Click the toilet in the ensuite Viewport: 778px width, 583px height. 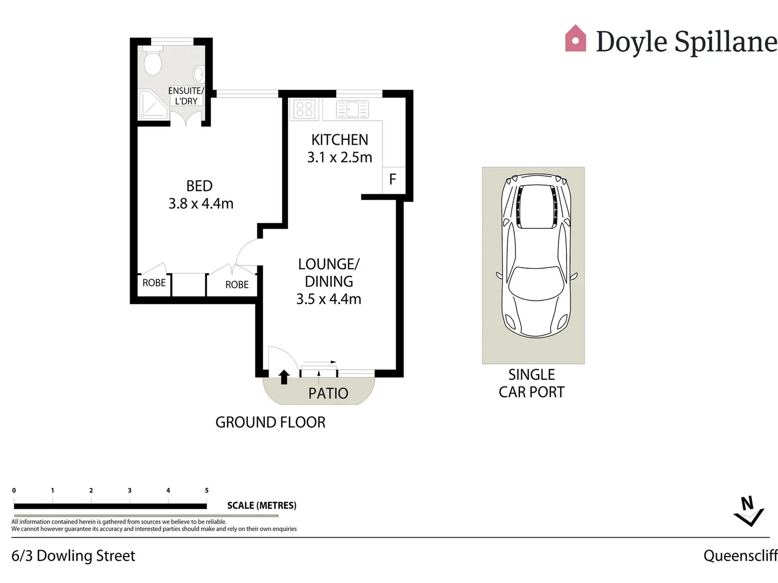(153, 62)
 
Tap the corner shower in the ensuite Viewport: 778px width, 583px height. (154, 105)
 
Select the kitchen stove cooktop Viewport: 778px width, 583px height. (305, 109)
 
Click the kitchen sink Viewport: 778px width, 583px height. (352, 109)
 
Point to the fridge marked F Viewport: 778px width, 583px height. (393, 179)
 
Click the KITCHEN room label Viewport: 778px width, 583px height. (340, 140)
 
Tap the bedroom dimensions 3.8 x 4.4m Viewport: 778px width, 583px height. (201, 204)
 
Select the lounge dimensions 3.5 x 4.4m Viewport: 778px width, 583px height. (328, 299)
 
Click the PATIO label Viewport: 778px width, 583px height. (328, 394)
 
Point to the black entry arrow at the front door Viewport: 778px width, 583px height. (284, 377)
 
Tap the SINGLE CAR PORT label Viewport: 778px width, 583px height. (532, 383)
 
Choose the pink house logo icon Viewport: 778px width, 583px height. (575, 39)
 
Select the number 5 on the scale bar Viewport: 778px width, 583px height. (206, 490)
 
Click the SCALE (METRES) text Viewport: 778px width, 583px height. (261, 505)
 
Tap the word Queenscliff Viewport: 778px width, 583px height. (740, 555)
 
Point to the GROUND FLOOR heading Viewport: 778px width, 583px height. (270, 422)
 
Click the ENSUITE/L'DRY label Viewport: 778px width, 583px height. (186, 96)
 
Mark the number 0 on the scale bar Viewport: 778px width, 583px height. (14, 490)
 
